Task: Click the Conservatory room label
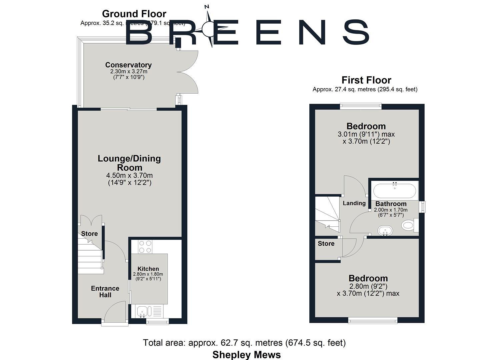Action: coord(128,65)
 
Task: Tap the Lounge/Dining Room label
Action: coord(129,163)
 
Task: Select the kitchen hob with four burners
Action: coord(145,247)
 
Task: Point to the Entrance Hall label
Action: coord(105,292)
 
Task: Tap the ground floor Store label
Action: coord(89,234)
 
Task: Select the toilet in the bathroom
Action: coord(409,225)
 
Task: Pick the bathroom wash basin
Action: coord(385,230)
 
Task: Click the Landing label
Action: coord(354,203)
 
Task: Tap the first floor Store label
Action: coord(326,244)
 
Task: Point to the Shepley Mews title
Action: coord(247,355)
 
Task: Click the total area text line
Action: coord(244,343)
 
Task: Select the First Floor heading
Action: coord(366,80)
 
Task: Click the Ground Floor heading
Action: coord(134,14)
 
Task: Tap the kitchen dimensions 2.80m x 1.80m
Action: coord(148,274)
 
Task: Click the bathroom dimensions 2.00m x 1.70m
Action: coord(391,210)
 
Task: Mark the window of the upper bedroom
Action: coord(361,106)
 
